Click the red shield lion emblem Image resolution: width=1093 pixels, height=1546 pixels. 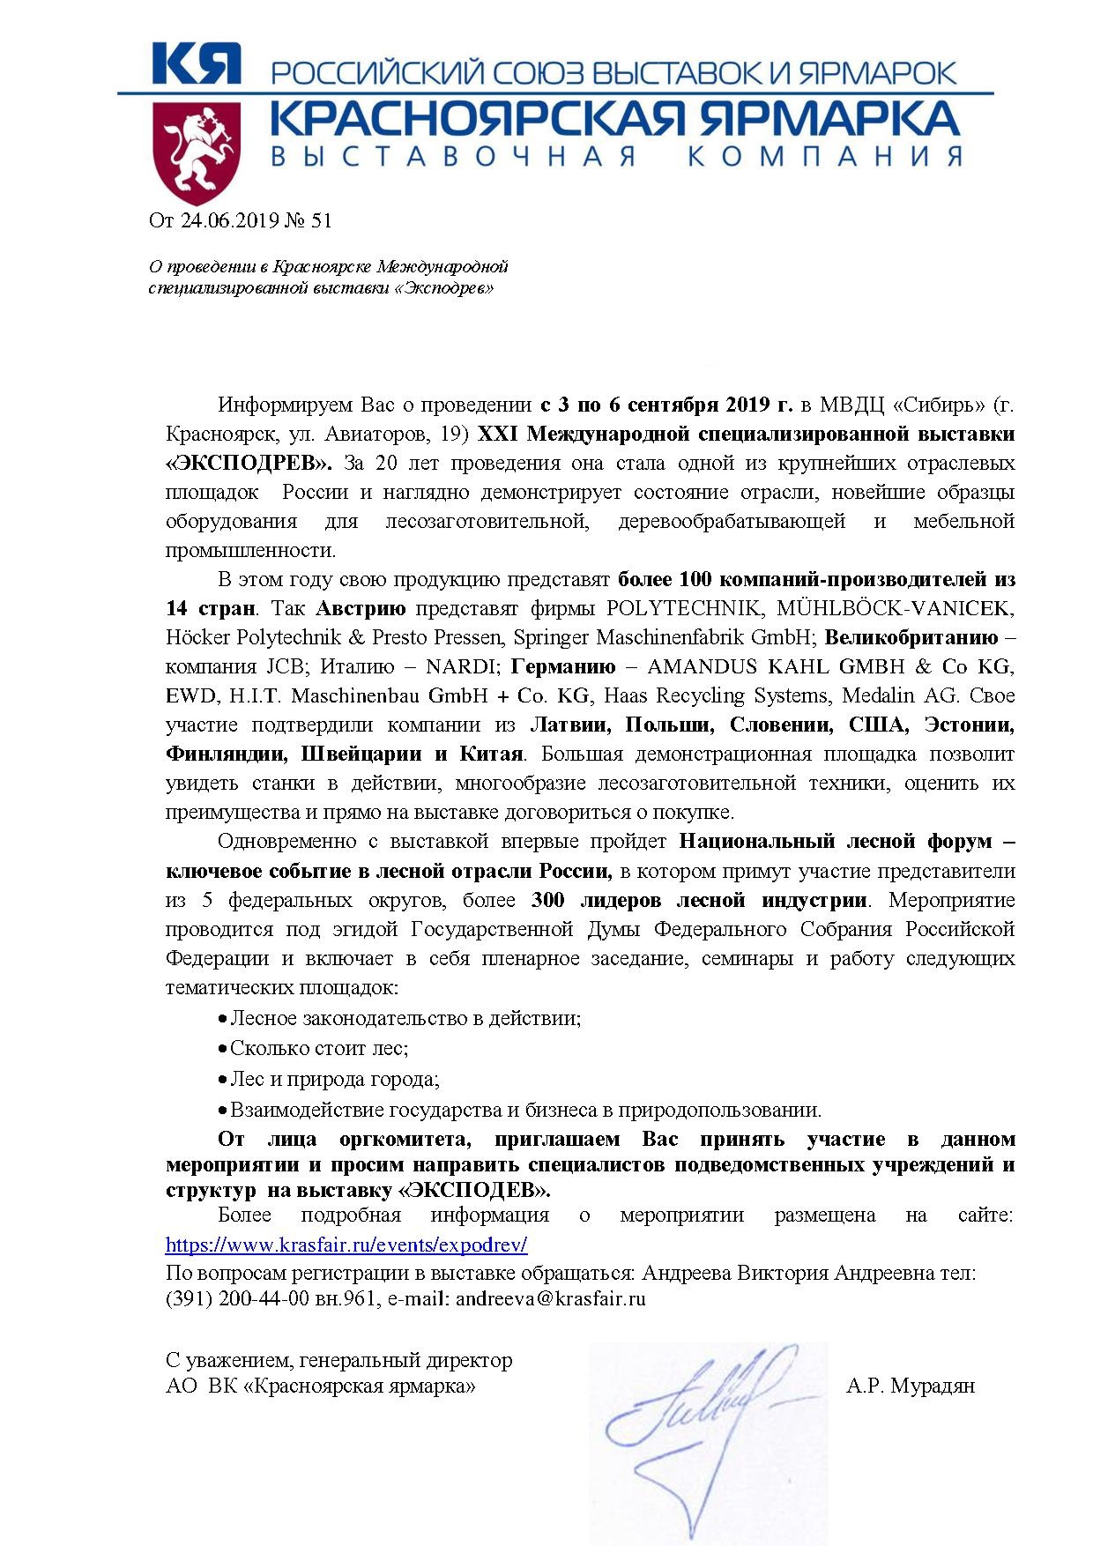click(x=197, y=152)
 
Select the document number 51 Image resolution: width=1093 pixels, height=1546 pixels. click(x=322, y=220)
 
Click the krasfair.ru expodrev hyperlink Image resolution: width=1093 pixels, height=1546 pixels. click(x=346, y=1245)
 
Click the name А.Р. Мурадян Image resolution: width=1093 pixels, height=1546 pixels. click(x=910, y=1386)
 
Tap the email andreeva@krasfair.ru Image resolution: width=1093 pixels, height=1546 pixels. click(x=551, y=1298)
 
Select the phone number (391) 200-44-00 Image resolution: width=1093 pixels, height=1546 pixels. click(x=236, y=1298)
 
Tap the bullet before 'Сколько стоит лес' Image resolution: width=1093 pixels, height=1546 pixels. click(x=223, y=1049)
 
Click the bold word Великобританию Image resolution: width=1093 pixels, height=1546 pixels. click(x=911, y=637)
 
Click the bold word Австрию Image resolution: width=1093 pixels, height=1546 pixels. click(x=361, y=608)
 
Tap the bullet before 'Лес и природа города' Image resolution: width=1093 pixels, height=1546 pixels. click(x=223, y=1080)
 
